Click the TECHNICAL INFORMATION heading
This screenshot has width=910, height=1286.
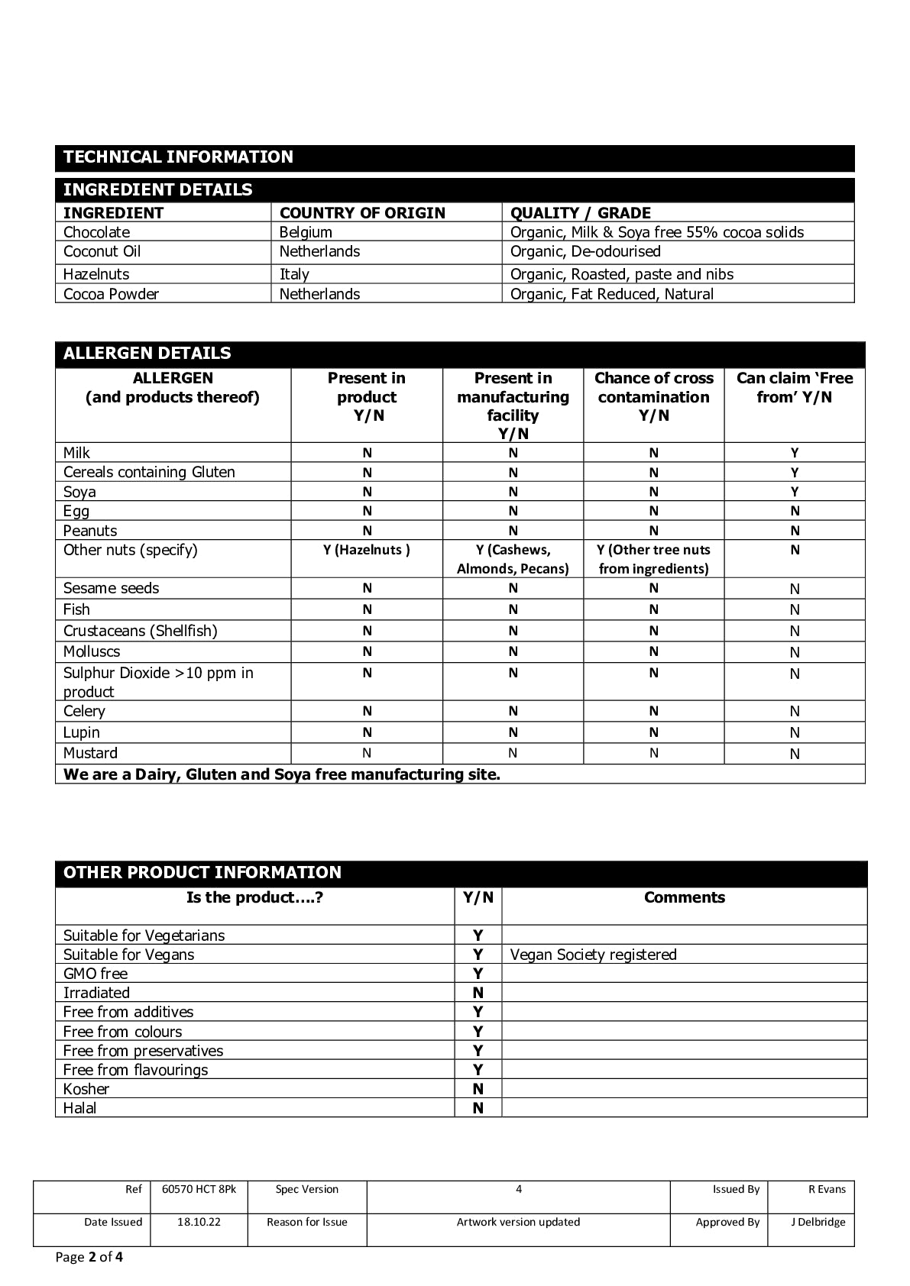coord(178,157)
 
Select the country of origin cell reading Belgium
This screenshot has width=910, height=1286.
coord(306,232)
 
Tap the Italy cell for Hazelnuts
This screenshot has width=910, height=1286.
coord(294,274)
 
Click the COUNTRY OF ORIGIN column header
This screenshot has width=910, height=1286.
coord(362,213)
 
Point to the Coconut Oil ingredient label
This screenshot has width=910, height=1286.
coord(102,251)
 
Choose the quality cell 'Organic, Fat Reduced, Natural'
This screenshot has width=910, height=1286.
coord(611,294)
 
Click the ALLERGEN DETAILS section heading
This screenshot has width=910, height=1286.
coord(147,354)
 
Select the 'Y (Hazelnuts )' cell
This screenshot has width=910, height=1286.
coord(367,550)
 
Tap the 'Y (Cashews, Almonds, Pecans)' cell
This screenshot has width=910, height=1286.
coord(513,559)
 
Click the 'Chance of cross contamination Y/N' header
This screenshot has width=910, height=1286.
coord(653,396)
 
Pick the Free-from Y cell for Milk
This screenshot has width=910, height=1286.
coord(795,453)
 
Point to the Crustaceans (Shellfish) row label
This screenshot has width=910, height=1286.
coord(140,631)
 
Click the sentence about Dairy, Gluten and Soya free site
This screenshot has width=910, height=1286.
coord(281,774)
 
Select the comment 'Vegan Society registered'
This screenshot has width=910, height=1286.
coord(593,955)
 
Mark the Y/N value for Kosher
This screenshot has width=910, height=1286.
coord(478,1089)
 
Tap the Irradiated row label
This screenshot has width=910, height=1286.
coord(96,993)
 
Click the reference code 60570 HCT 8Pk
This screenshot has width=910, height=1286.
coord(199,1189)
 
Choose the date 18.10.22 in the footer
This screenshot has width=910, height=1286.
coord(199,1222)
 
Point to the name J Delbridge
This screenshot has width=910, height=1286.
coord(818,1222)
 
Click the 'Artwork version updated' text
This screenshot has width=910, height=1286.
coord(518,1222)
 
